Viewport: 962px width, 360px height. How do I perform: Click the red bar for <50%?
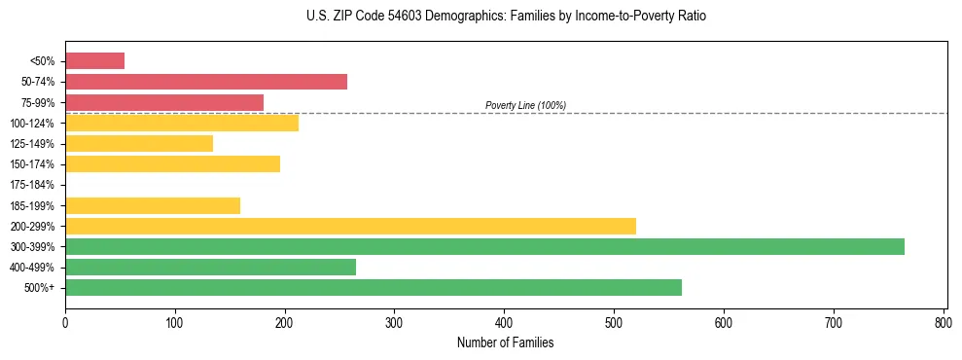click(x=94, y=61)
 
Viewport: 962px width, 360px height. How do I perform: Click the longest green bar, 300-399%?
click(x=484, y=247)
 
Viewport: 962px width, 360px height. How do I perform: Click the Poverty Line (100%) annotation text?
click(x=525, y=105)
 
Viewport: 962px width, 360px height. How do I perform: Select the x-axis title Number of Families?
click(x=505, y=342)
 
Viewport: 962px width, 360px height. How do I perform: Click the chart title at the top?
click(x=505, y=17)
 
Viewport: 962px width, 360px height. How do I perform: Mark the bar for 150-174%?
click(x=172, y=164)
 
